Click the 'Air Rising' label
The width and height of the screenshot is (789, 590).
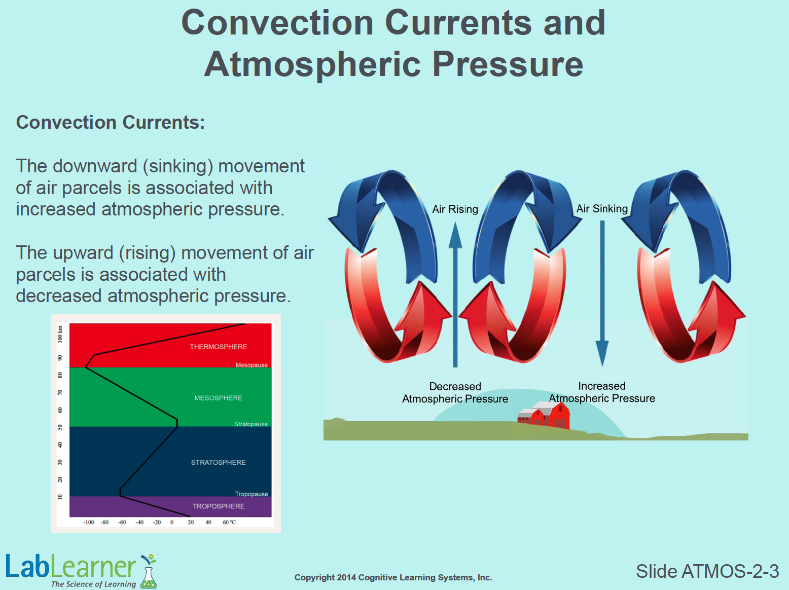455,209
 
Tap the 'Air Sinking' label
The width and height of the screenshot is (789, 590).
602,208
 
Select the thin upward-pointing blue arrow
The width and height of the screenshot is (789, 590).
455,294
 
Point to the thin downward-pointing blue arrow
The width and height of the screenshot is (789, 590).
602,293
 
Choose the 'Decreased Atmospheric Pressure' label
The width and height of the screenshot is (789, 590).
455,393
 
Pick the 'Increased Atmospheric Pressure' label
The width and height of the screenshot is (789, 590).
602,392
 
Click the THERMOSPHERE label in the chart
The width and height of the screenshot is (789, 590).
219,347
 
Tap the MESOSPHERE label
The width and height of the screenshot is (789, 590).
218,398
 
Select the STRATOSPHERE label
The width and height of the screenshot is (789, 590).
219,462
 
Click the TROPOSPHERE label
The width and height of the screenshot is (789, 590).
219,506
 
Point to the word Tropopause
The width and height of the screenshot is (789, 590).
252,494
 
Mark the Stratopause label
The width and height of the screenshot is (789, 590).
251,424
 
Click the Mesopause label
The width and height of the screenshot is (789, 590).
252,365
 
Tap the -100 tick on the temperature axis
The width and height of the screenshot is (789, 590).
88,523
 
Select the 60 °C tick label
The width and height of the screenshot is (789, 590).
229,523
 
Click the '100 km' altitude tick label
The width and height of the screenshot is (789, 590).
60,334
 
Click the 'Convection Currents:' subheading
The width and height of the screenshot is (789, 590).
111,123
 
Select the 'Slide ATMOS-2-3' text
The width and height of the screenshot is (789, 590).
707,571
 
